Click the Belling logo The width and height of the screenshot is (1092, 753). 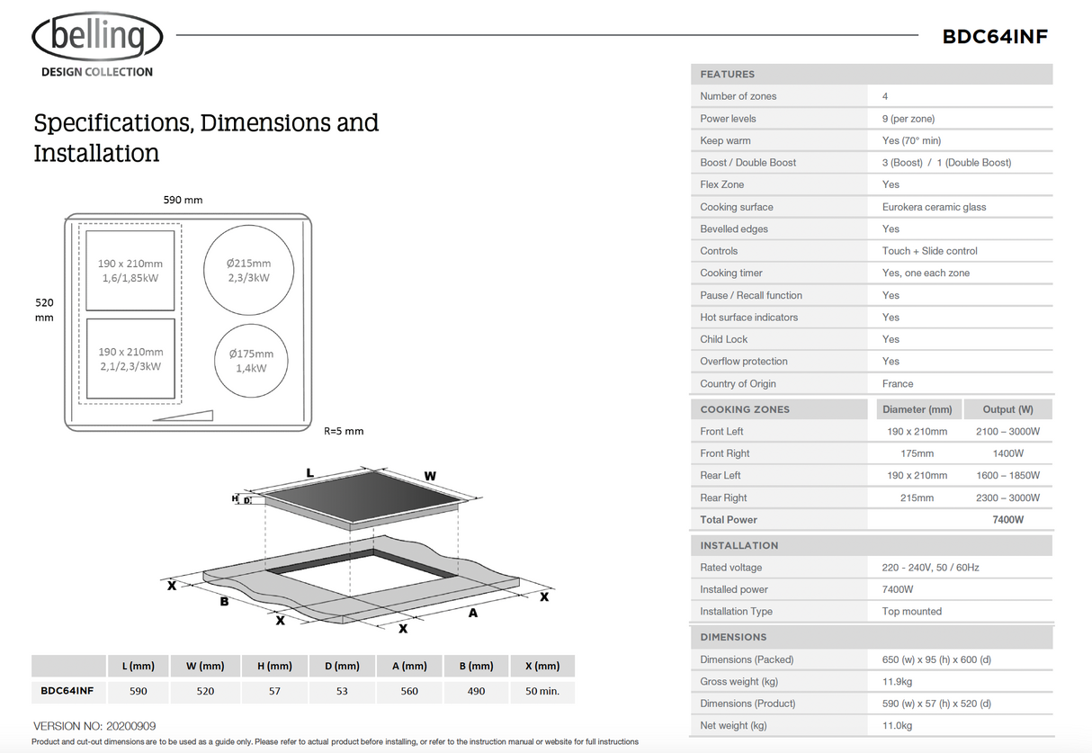(97, 38)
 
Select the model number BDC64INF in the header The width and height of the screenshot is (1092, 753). (995, 37)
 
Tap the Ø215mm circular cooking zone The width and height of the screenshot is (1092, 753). (249, 270)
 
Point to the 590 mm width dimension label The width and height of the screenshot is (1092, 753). (183, 200)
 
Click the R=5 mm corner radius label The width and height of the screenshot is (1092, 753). (344, 431)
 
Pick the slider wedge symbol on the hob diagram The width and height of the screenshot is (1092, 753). (183, 416)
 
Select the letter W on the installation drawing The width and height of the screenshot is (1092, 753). (430, 476)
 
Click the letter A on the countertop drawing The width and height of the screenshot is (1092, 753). (472, 614)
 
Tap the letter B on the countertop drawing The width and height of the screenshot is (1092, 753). (224, 601)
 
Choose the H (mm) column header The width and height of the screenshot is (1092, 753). (274, 666)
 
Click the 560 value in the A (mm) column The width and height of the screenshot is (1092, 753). (409, 691)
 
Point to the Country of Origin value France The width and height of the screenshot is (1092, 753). (898, 383)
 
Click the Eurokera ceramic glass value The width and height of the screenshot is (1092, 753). (934, 207)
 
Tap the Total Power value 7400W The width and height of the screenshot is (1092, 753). (1007, 519)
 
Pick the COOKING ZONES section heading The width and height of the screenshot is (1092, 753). (745, 409)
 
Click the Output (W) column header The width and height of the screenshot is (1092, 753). (1007, 409)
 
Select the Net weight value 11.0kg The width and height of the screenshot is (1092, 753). (897, 725)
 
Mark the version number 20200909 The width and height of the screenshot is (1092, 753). (131, 725)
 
